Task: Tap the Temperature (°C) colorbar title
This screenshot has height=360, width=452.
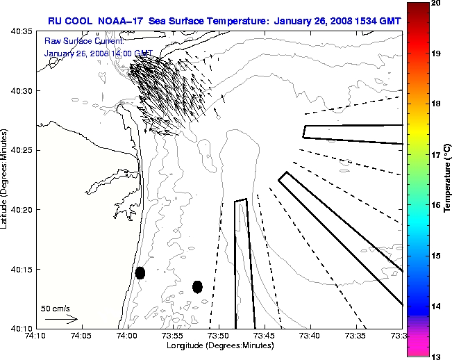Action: coord(449,179)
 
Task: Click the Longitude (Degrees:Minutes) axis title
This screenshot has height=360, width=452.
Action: coord(219,345)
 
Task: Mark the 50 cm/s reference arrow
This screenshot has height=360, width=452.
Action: coord(61,320)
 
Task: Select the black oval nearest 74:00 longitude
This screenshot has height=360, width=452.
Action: coord(140,272)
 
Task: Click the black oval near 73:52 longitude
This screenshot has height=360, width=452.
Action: coord(197,286)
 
